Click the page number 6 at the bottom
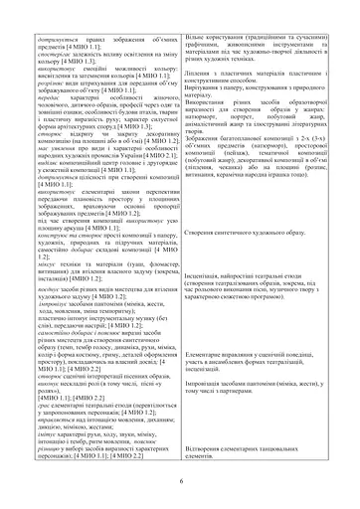coord(180,481)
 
